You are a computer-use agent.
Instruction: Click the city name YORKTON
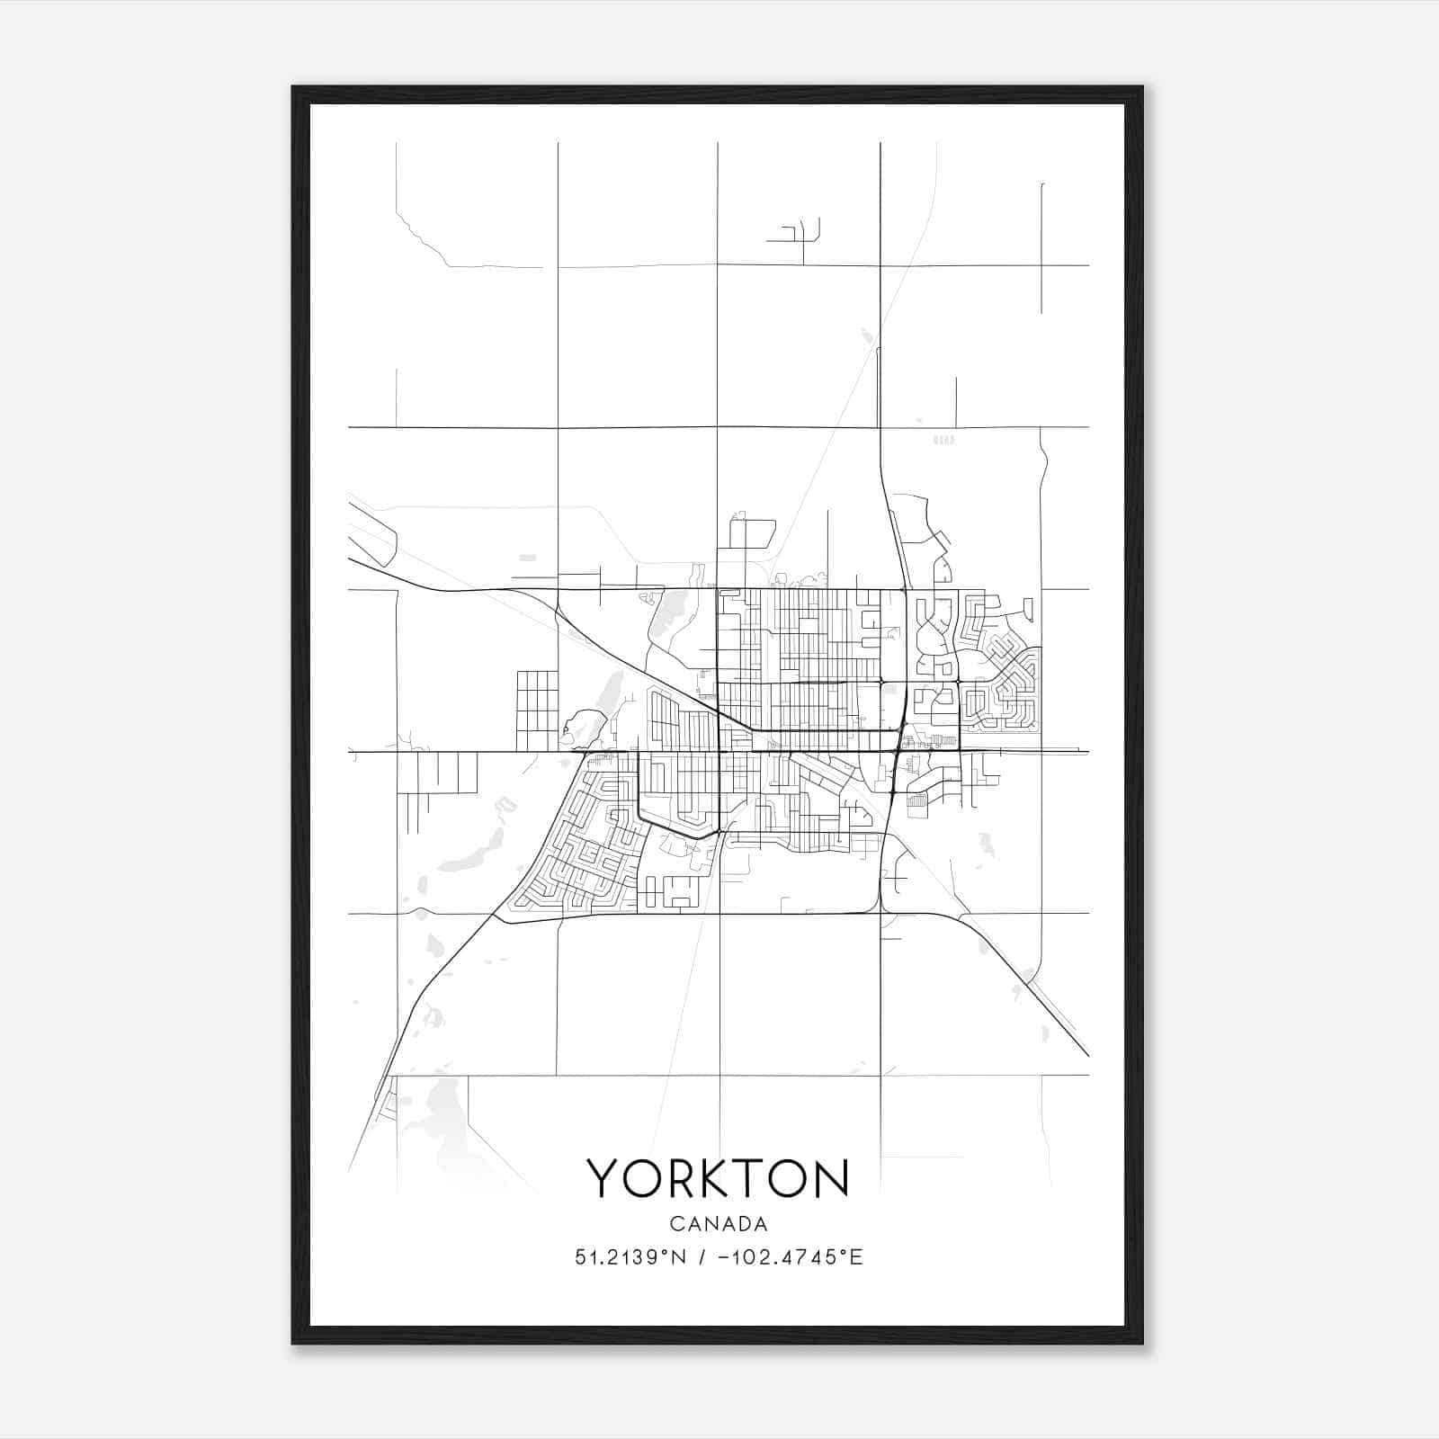coord(718,1177)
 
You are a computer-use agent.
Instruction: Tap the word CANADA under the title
coord(719,1224)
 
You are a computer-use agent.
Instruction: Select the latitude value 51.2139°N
coord(630,1257)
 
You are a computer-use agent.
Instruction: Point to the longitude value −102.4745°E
coord(791,1257)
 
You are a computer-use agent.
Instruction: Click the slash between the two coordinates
coord(702,1257)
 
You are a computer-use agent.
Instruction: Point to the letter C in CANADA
coord(675,1224)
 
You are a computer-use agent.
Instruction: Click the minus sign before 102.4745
coord(722,1257)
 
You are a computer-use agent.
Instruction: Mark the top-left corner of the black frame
coord(293,87)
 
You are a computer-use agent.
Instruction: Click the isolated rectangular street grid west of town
coord(537,711)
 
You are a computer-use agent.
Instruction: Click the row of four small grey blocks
coord(943,440)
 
